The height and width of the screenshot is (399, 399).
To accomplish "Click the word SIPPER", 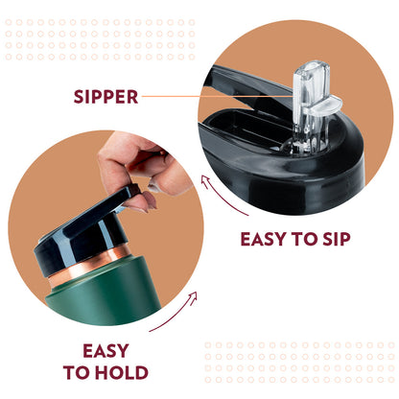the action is [106, 97].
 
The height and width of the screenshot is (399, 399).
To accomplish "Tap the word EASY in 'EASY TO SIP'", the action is [263, 239].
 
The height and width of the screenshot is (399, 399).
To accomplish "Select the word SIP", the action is [337, 239].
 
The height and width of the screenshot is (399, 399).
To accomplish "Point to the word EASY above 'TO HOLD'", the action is [106, 351].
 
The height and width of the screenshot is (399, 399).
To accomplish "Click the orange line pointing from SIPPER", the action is [218, 96].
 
